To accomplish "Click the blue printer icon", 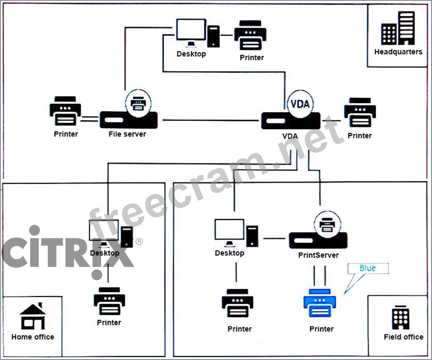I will [320, 304].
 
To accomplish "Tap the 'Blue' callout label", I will [368, 268].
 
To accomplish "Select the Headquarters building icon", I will [398, 29].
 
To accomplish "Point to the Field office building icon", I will [400, 318].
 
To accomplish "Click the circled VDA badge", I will [300, 104].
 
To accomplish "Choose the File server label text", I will [127, 134].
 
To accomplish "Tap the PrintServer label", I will [318, 255].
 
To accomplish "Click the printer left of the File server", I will [65, 111].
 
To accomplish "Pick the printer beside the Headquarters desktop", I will [250, 35].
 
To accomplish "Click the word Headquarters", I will [398, 52].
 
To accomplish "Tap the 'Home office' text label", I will [33, 337].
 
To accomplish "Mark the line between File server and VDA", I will [210, 121].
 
